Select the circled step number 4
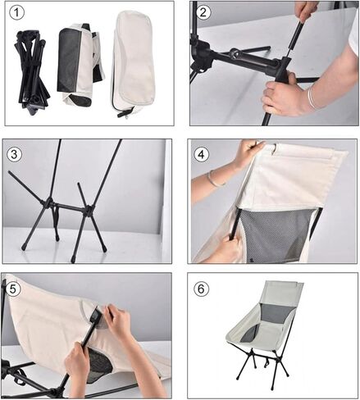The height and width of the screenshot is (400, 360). pos(204,154)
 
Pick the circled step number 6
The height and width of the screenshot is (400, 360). pos(204,289)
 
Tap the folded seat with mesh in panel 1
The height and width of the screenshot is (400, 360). pos(77,66)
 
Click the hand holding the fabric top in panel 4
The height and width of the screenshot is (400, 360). pos(245,153)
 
